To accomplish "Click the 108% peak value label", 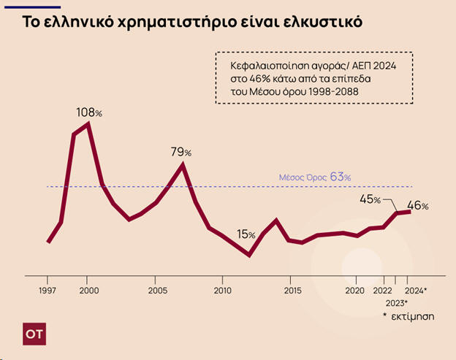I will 89,113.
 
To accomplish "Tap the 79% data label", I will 180,152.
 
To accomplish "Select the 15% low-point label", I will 246,234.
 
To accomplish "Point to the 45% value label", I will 370,199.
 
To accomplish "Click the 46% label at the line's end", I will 417,207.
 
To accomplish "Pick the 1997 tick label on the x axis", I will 47,290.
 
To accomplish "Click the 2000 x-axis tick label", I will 88,290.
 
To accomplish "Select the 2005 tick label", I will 155,290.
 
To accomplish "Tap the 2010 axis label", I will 222,290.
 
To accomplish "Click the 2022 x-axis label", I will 382,290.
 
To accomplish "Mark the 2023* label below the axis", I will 395,302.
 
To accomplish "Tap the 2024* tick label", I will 415,290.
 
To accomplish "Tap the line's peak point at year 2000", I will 88,124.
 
